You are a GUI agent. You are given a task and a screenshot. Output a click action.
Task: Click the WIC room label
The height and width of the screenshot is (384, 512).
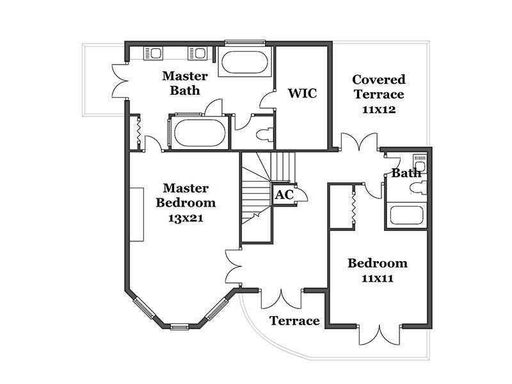click(x=302, y=93)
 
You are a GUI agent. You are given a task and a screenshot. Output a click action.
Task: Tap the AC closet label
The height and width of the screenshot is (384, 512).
click(x=284, y=195)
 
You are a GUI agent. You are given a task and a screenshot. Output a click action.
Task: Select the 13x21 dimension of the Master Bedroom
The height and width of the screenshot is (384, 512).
click(x=186, y=218)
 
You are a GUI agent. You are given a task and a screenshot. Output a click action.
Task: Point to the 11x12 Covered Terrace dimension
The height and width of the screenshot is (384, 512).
click(x=379, y=109)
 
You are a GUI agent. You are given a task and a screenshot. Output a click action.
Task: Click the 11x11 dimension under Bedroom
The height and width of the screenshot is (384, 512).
click(x=378, y=278)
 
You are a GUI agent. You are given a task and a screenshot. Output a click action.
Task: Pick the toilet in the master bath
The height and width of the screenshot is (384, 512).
click(x=264, y=134)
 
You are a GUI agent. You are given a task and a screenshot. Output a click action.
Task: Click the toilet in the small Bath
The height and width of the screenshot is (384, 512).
click(x=418, y=188)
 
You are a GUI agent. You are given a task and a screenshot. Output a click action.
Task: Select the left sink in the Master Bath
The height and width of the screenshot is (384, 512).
click(x=152, y=53)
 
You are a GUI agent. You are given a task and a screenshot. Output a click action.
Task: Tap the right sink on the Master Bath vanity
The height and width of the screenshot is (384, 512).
click(x=198, y=53)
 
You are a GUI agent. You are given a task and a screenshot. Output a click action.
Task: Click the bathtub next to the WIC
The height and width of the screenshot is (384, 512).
click(x=244, y=62)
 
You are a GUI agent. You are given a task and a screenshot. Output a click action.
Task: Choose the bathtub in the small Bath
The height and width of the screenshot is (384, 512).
click(x=407, y=215)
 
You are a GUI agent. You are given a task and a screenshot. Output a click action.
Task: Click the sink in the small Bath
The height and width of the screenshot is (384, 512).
click(x=420, y=163)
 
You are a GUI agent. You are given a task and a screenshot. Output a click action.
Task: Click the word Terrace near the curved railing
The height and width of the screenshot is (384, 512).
click(x=294, y=321)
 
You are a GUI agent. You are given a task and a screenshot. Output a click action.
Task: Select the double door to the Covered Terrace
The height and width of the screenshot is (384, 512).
click(x=360, y=141)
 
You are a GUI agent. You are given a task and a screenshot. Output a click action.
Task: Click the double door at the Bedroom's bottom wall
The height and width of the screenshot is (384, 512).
click(x=380, y=335)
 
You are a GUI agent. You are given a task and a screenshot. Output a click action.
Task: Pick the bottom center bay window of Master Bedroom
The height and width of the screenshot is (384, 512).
click(x=180, y=326)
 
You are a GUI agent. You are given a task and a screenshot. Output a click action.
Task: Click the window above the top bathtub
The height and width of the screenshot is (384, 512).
click(x=244, y=42)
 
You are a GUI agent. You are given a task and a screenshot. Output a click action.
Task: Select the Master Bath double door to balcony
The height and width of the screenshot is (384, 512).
click(x=120, y=81)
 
